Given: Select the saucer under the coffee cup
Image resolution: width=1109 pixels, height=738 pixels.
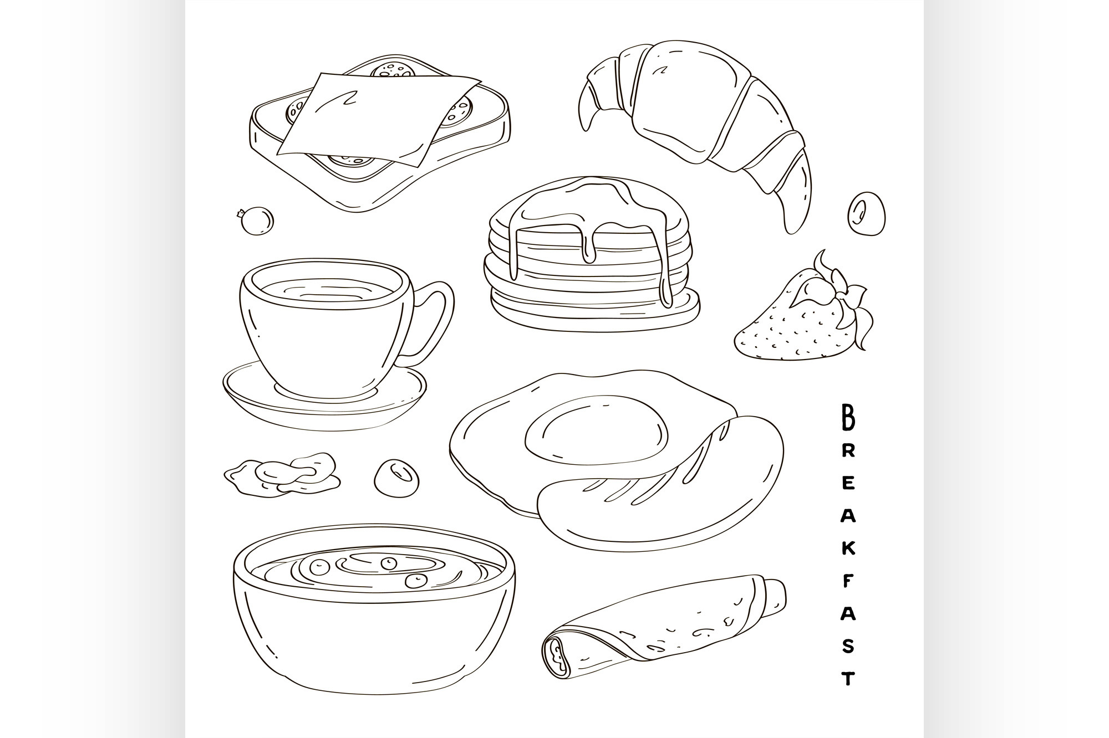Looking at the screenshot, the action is pos(325,396).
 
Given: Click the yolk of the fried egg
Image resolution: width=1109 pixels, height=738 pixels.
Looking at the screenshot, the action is pos(596,429).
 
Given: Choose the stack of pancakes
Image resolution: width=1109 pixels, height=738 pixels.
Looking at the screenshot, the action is pos(592,255).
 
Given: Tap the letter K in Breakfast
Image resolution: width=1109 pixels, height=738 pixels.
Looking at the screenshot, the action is pos(848,549).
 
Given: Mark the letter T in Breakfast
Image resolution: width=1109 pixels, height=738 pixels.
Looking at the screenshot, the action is pos(848,678).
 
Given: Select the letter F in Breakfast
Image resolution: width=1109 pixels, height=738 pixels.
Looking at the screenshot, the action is pos(848,581).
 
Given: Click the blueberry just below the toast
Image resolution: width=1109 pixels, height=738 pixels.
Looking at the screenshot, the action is pos(256,221).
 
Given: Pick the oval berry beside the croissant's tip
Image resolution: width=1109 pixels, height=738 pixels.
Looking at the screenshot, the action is pos(866,213).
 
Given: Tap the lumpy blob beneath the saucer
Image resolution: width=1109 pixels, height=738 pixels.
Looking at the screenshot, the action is pos(283,474).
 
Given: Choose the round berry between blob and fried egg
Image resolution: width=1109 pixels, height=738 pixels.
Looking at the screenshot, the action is pos(396,478).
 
